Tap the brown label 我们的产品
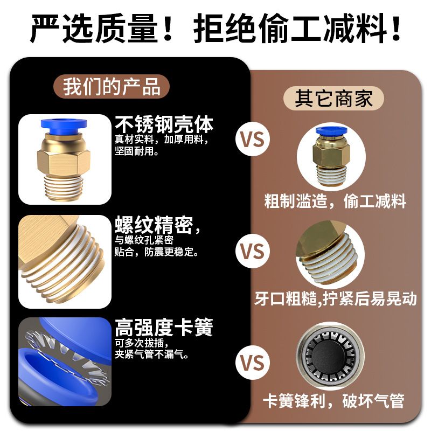(x=112, y=86)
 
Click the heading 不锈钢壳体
(x=164, y=124)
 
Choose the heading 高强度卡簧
(x=164, y=327)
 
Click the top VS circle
(x=252, y=140)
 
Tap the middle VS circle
(x=252, y=252)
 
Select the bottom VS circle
(x=252, y=363)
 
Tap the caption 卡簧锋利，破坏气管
(x=333, y=400)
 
